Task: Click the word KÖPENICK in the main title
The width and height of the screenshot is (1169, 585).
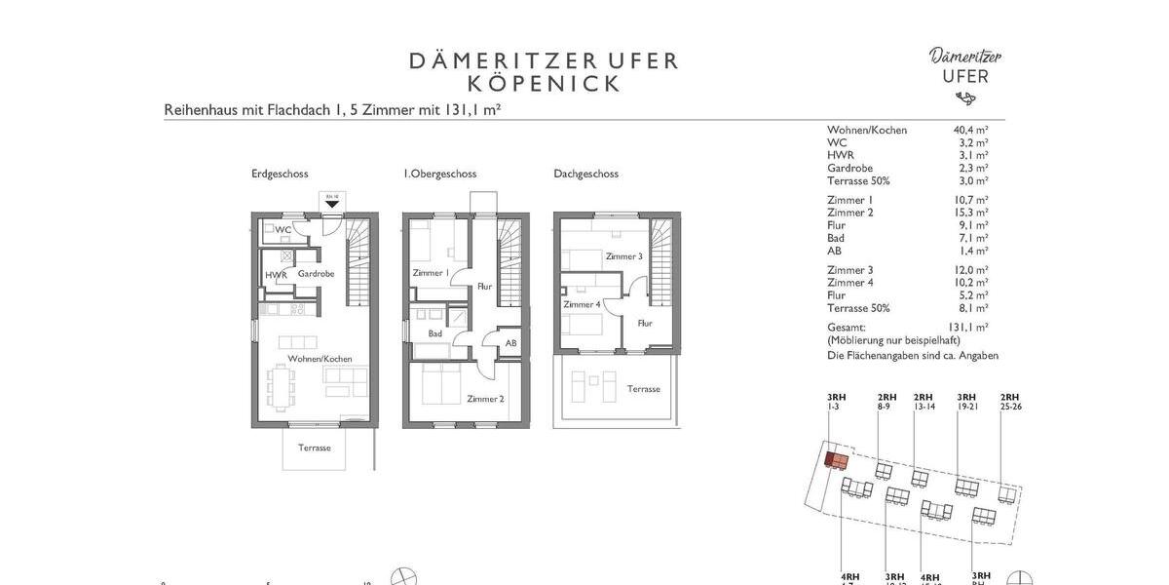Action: [x=543, y=84]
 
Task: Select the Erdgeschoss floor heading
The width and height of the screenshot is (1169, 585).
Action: [x=280, y=174]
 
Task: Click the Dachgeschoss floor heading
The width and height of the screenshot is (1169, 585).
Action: [x=585, y=174]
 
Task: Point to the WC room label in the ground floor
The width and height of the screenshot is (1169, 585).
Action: [x=283, y=230]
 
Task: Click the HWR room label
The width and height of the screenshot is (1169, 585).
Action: [x=276, y=275]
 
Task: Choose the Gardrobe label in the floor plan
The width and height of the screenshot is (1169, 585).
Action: [x=316, y=274]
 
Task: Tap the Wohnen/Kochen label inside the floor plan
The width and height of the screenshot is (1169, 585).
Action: [x=320, y=359]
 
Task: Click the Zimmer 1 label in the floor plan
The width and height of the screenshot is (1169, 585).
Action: [x=431, y=273]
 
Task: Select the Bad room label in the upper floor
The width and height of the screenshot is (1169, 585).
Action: [x=434, y=333]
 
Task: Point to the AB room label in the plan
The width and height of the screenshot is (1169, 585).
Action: [x=510, y=343]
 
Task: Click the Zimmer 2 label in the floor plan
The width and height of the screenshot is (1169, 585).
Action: [x=485, y=399]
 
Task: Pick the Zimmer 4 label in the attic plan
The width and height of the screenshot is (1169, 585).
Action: [x=582, y=304]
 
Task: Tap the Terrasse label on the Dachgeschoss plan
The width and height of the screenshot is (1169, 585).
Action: [x=643, y=389]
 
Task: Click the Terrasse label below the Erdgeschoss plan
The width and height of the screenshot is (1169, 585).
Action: [x=315, y=448]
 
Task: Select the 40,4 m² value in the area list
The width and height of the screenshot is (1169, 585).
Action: [x=970, y=130]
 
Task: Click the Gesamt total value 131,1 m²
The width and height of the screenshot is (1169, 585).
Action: [x=967, y=328]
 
